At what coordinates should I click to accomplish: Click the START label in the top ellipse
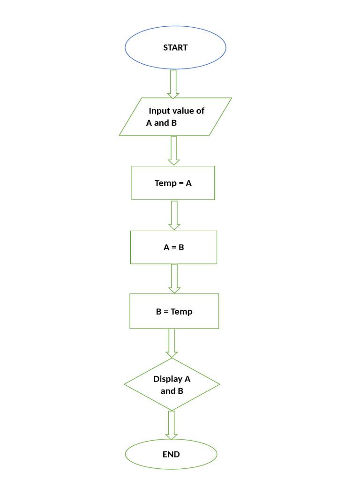tap(175, 47)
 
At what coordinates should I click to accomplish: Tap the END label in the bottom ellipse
tap(171, 454)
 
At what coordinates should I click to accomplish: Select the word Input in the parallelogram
tap(158, 111)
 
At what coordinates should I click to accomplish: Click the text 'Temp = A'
tap(173, 183)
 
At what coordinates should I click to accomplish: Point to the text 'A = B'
tap(173, 247)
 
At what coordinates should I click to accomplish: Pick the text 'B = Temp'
tap(174, 311)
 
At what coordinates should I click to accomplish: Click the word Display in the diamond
tap(168, 379)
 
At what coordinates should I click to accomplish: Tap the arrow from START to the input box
tap(173, 84)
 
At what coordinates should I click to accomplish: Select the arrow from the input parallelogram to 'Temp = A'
tap(174, 150)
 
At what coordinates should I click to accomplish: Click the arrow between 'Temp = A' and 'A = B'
tap(174, 215)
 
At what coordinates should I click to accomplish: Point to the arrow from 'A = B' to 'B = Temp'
tap(174, 278)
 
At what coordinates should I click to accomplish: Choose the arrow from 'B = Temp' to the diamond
tap(172, 343)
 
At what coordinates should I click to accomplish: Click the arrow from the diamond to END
tap(172, 425)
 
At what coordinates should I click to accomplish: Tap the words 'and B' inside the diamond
tap(172, 391)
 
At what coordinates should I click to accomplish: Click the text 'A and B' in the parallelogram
tap(161, 123)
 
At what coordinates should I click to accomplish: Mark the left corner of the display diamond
tap(125, 384)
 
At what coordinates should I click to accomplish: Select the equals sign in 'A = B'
tap(173, 247)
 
